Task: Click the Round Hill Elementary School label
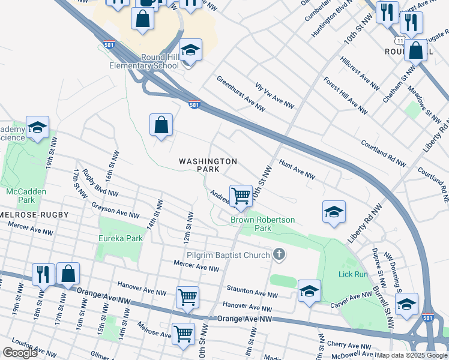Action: click(x=143, y=61)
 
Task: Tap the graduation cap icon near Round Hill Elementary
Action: click(x=190, y=50)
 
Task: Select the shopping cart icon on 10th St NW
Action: click(x=241, y=196)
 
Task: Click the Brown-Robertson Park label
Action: click(x=263, y=224)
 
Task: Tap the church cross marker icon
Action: click(x=279, y=255)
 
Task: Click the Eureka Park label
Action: click(x=121, y=238)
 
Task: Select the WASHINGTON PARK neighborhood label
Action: click(x=208, y=165)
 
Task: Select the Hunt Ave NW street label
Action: click(x=297, y=170)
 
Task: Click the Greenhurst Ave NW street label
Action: click(x=241, y=94)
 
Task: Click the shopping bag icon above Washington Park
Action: click(x=161, y=125)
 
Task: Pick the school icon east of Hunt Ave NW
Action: click(x=334, y=212)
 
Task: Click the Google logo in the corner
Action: click(x=20, y=353)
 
